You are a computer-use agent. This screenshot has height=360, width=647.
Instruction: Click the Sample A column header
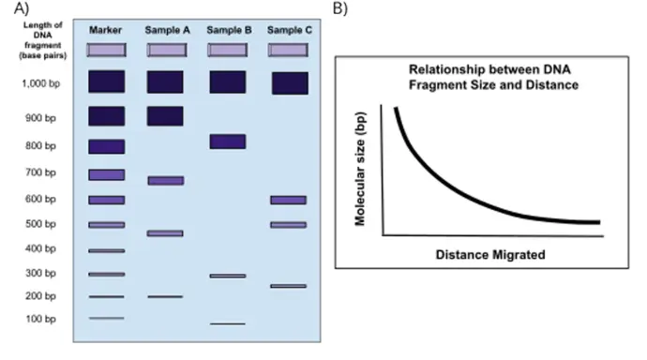click(167, 30)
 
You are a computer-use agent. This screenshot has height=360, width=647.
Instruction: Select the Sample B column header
click(228, 30)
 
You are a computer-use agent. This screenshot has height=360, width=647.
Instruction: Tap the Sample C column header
click(289, 30)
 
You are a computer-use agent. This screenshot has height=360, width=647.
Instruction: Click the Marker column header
click(106, 30)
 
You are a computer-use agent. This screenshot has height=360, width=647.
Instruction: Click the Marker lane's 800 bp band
click(106, 146)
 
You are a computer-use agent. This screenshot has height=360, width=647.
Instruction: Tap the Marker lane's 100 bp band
click(106, 318)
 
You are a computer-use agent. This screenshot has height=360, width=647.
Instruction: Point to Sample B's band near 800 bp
click(228, 142)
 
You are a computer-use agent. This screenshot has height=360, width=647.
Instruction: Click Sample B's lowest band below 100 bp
click(228, 323)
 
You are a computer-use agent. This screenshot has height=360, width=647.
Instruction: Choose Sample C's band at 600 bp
click(289, 200)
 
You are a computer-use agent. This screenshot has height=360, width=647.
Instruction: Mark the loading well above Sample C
click(289, 50)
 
